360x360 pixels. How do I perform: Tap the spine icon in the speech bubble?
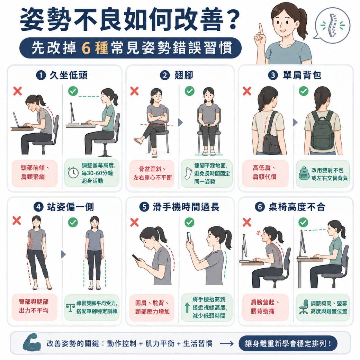332,26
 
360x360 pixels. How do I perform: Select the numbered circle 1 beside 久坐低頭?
41,75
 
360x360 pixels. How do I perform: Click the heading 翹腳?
184,75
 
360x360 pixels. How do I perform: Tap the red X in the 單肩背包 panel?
247,91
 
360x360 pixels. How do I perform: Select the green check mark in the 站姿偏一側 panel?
73,222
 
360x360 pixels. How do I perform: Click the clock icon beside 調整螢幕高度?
73,172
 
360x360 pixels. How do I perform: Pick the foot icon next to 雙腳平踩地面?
188,173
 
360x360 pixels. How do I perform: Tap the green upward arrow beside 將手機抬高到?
187,307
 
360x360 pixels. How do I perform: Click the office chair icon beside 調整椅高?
304,307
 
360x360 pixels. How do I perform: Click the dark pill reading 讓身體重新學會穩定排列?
288,344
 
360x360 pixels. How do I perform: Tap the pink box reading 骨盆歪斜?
152,173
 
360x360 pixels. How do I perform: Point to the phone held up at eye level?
189,238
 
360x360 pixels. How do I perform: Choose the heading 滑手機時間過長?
186,207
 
